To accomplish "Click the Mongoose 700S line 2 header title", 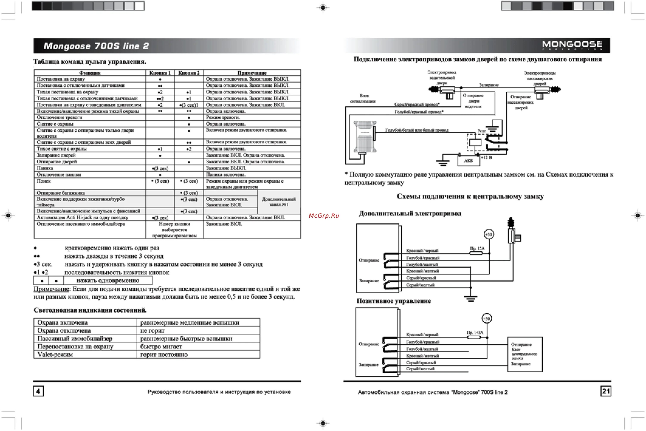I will click(96, 46).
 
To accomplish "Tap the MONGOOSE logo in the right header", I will click(572, 45).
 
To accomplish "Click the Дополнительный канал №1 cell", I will click(279, 202).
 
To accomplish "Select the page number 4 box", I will click(38, 391).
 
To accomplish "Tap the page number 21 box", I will click(606, 391).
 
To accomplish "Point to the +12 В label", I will click(486, 157).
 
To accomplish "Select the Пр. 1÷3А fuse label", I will click(475, 332).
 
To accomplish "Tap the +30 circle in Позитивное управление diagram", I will click(487, 319).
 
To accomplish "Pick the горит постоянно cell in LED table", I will click(164, 355).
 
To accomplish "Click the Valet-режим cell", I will click(55, 355).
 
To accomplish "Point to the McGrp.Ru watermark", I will click(324, 216).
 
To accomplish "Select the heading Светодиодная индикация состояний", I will click(90, 310).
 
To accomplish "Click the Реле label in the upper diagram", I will click(481, 131).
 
